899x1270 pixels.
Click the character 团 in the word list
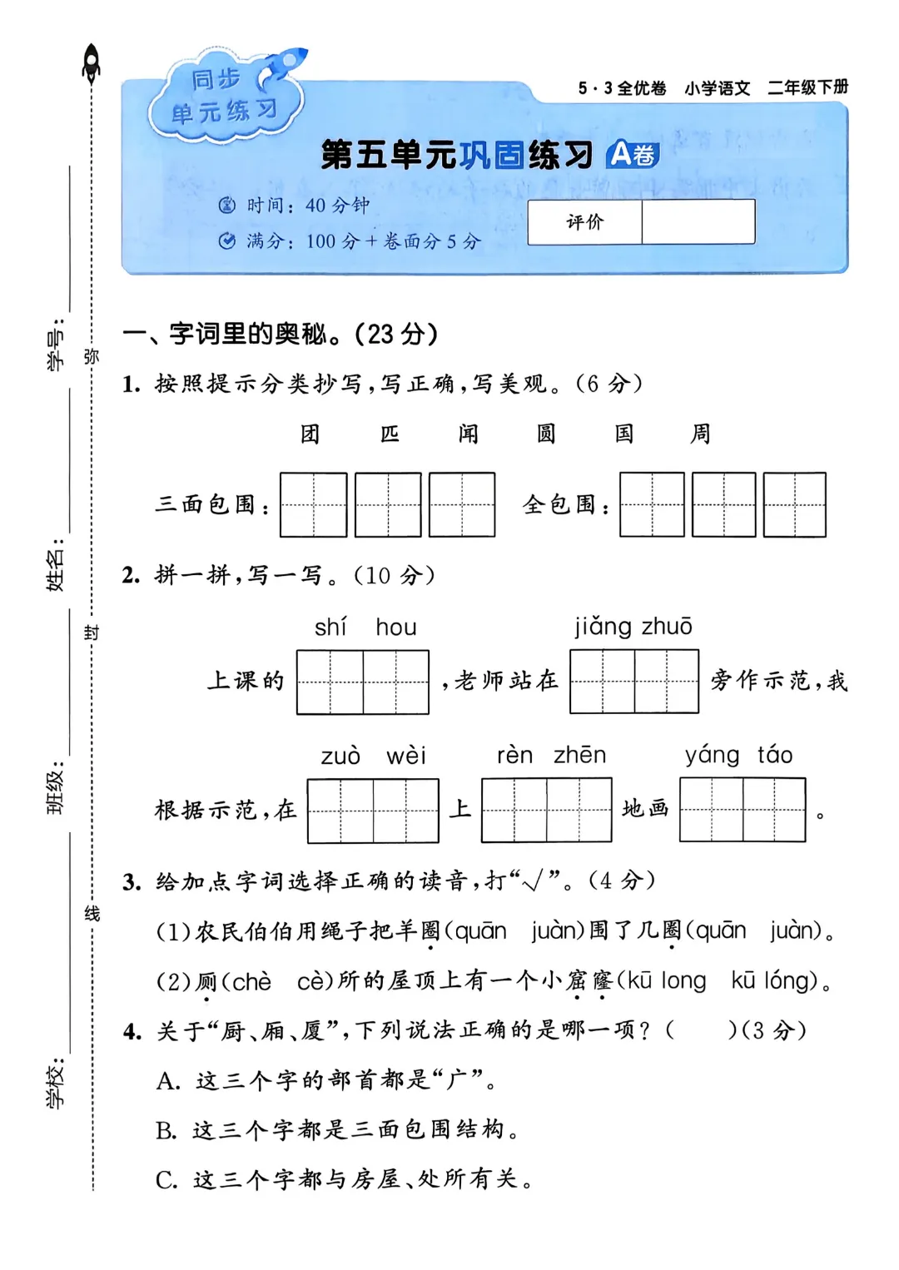[310, 434]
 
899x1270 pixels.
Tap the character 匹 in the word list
[390, 434]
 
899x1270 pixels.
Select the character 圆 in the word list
[545, 434]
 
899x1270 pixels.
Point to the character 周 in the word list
[701, 434]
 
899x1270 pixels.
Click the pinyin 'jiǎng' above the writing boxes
[603, 627]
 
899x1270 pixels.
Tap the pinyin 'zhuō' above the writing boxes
[666, 627]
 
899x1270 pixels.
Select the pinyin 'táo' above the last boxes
[774, 755]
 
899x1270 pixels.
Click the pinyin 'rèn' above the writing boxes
[514, 755]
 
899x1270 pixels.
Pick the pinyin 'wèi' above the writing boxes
[405, 756]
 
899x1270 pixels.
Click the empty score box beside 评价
[698, 222]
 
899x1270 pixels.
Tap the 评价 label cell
[584, 222]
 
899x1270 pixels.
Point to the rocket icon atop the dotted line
[92, 62]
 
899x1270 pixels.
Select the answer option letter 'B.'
[166, 1130]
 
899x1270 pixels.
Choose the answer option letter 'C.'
[166, 1180]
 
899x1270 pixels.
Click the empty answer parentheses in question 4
[700, 1030]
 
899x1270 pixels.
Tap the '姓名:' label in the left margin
[55, 570]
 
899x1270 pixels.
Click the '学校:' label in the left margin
[55, 1084]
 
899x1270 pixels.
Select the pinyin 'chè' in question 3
[251, 982]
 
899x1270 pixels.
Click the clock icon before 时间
[226, 206]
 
